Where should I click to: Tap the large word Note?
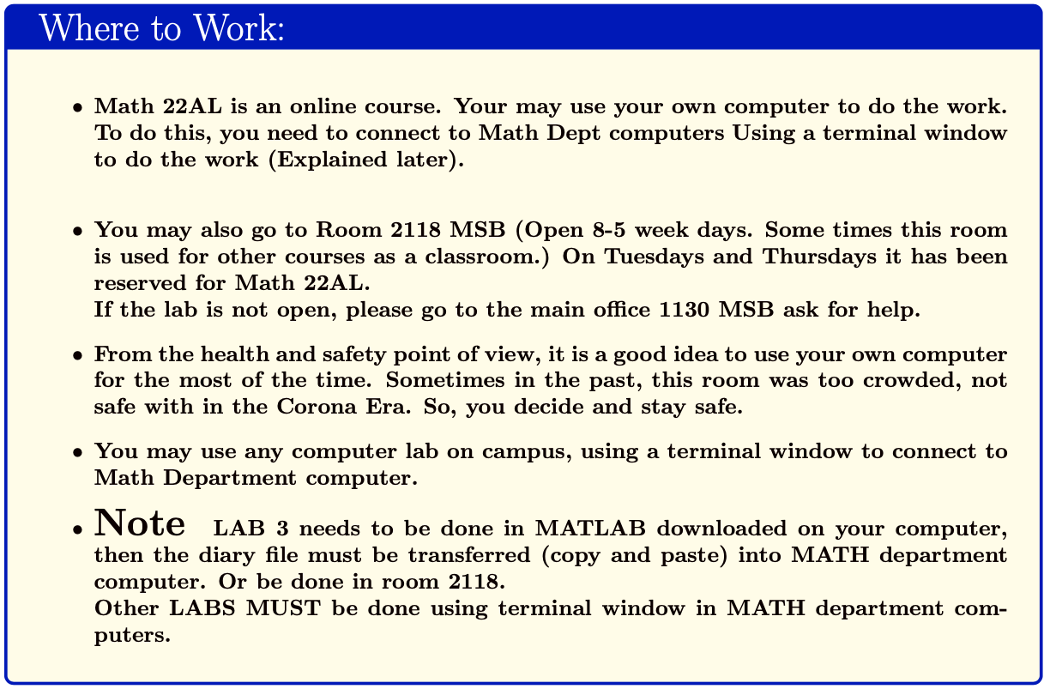(140, 522)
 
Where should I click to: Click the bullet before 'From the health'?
(78, 355)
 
